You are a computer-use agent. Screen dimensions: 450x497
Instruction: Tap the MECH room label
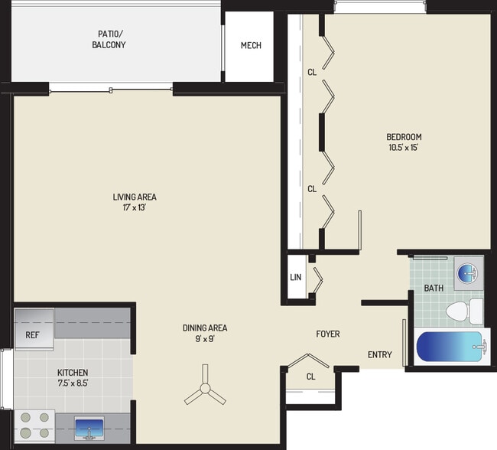tap(251, 45)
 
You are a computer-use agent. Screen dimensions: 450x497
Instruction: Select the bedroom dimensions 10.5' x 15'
tap(404, 148)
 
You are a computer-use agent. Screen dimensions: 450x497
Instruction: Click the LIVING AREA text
tap(135, 197)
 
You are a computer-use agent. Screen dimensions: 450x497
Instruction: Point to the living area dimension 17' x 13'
tap(135, 207)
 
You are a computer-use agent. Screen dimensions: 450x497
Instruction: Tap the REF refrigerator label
tap(32, 334)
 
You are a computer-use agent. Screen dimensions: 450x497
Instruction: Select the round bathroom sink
tap(466, 272)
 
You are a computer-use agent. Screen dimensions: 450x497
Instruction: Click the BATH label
tap(434, 288)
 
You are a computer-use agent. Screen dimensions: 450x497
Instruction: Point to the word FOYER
tap(328, 334)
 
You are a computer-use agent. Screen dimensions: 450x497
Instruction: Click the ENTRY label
tap(380, 354)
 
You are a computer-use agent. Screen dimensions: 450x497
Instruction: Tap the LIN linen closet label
tap(295, 277)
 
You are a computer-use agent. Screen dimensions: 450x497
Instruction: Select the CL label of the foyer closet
tap(310, 377)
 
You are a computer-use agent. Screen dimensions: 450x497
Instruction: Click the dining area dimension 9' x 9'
tap(204, 339)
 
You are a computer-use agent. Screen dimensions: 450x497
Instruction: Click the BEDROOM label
tap(404, 138)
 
